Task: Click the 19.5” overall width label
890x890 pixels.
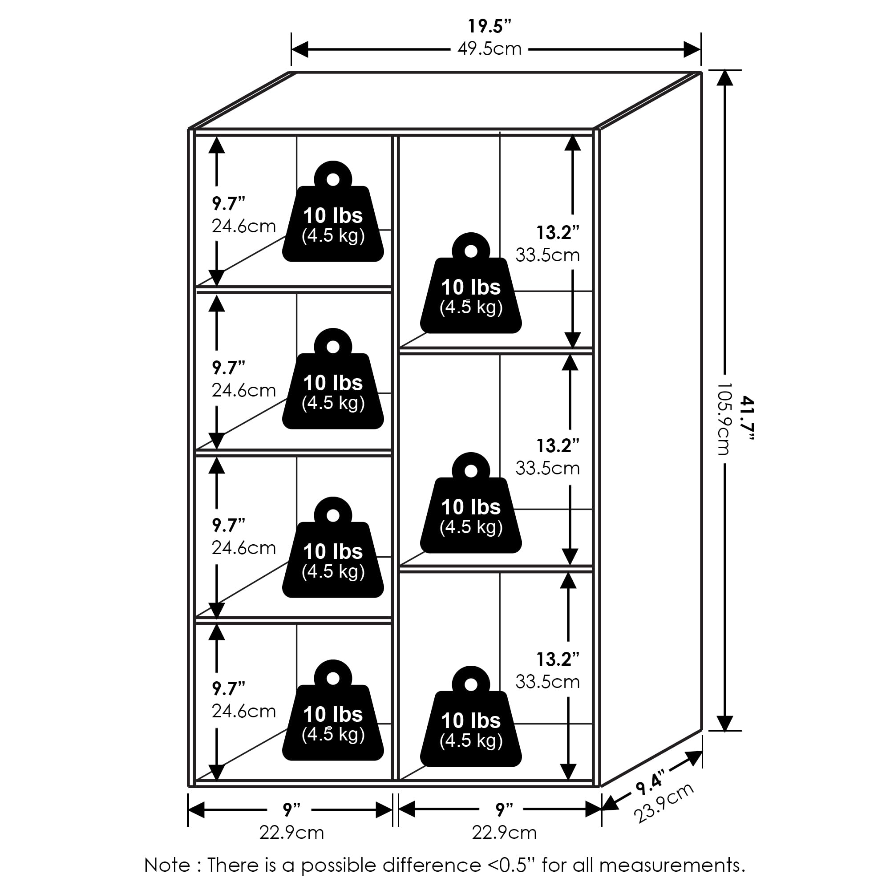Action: pyautogui.click(x=489, y=27)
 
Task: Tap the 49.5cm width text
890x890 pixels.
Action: pyautogui.click(x=489, y=49)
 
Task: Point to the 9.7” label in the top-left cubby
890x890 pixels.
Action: pyautogui.click(x=228, y=203)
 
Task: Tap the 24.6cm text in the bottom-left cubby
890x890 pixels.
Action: pyautogui.click(x=244, y=711)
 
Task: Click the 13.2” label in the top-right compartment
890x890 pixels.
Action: pyautogui.click(x=558, y=233)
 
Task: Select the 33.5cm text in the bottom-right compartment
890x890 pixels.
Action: pyautogui.click(x=547, y=682)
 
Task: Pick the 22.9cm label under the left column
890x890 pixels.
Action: pyautogui.click(x=291, y=833)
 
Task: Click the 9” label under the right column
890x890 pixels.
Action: pyautogui.click(x=505, y=809)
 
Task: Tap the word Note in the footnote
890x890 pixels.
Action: pyautogui.click(x=167, y=866)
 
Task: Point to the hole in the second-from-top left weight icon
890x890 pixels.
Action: pyautogui.click(x=333, y=348)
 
